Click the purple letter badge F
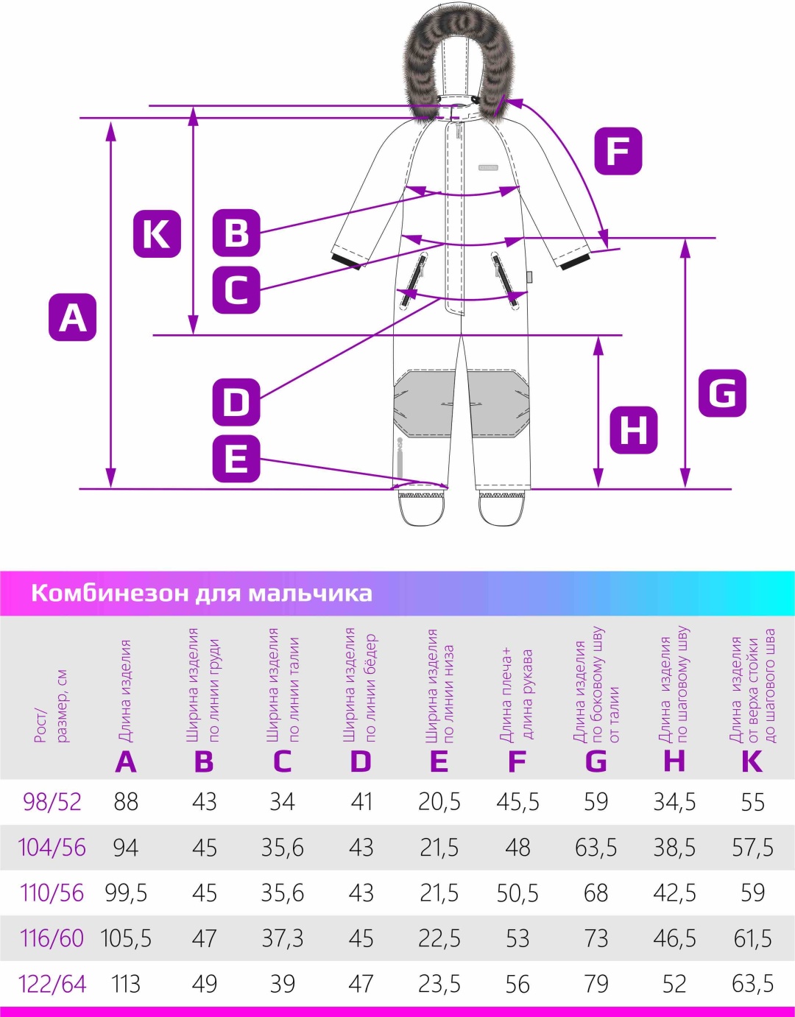(618, 151)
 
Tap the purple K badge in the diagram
(157, 233)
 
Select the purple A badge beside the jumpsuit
(72, 317)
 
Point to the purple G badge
(723, 393)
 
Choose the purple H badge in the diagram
(634, 430)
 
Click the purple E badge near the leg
(236, 459)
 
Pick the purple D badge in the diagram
(236, 402)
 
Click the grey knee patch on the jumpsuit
(459, 404)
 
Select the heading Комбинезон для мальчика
(202, 593)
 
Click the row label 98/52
(52, 802)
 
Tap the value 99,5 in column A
(126, 893)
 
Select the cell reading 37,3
(283, 938)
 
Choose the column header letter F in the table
(517, 761)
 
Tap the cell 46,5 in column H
(674, 938)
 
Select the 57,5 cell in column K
(752, 847)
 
